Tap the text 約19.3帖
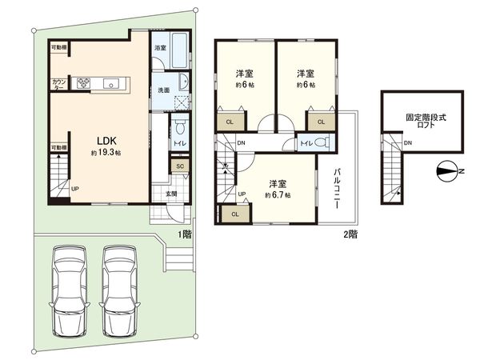(x=105, y=152)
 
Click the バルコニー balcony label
(x=338, y=188)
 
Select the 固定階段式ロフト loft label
(x=422, y=121)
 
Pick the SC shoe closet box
(x=180, y=166)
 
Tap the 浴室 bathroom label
(x=160, y=48)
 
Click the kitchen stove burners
(x=84, y=82)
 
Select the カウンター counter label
(x=58, y=83)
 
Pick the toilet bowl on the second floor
(x=321, y=143)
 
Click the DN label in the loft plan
(x=408, y=143)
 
